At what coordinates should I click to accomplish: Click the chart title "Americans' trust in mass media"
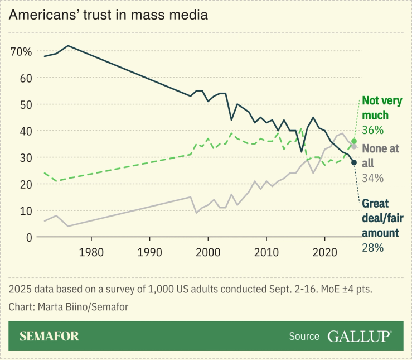pos(108,15)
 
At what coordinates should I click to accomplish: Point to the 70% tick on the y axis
pos(21,51)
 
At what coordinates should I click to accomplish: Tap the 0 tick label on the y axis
pos(28,237)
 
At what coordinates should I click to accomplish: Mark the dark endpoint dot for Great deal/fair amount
pos(354,162)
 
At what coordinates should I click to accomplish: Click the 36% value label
pos(373,130)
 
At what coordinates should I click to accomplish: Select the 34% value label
pos(373,178)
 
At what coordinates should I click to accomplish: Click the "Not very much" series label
pos(382,108)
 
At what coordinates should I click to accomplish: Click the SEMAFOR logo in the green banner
pos(49,336)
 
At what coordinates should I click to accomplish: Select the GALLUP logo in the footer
pos(359,336)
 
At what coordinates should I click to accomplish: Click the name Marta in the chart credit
pos(49,307)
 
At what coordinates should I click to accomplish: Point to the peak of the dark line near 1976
pos(67,46)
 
